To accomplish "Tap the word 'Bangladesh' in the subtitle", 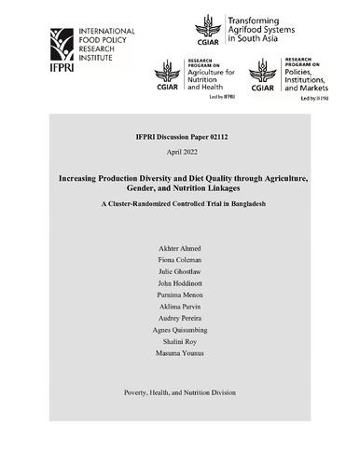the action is (x=245, y=203).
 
